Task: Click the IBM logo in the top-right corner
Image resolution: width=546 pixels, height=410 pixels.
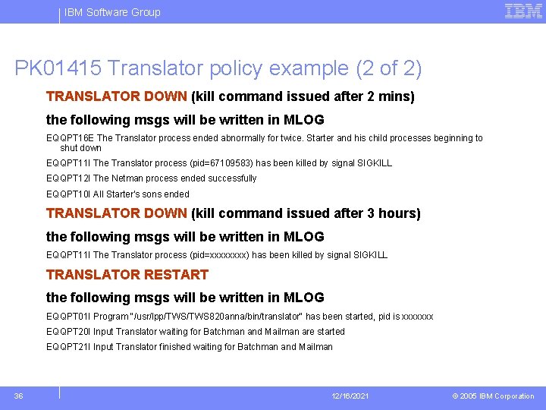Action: (x=523, y=11)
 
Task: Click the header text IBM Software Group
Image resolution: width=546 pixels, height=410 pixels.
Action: (x=112, y=12)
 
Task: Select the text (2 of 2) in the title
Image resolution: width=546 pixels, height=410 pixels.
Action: (x=388, y=69)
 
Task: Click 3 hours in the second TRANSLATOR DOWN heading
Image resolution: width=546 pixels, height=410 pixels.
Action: (x=390, y=213)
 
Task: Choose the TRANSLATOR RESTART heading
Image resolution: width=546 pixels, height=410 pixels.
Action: (x=127, y=274)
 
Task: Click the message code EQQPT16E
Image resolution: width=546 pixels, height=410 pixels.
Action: (x=70, y=138)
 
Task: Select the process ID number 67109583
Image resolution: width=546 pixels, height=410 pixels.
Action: (x=225, y=163)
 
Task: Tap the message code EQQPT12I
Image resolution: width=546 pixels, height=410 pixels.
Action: (x=68, y=178)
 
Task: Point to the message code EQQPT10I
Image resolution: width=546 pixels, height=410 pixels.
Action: (x=68, y=194)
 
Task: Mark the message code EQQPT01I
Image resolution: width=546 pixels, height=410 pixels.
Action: (x=68, y=317)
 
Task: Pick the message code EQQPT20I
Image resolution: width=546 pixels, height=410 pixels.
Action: (x=68, y=332)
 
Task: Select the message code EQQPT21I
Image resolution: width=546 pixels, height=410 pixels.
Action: (x=68, y=347)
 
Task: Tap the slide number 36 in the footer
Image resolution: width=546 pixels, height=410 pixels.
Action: (x=19, y=396)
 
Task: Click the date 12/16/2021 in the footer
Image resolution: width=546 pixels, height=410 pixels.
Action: (x=350, y=396)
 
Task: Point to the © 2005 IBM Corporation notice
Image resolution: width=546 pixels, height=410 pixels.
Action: (x=493, y=396)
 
